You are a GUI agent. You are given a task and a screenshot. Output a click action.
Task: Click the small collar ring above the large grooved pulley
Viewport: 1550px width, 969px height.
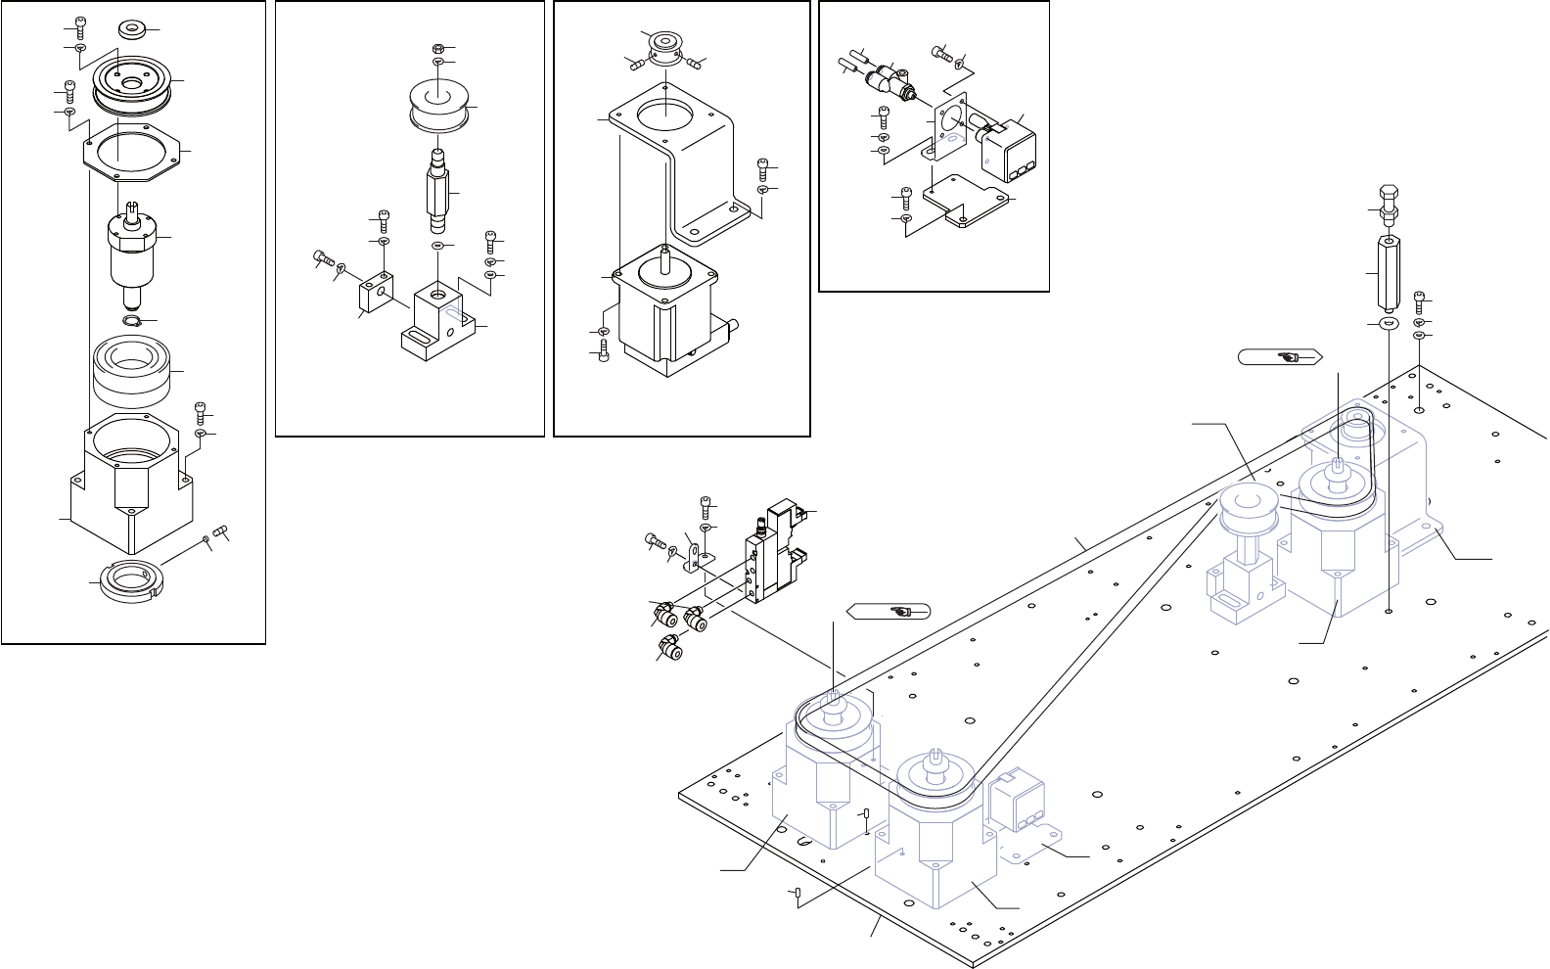(131, 28)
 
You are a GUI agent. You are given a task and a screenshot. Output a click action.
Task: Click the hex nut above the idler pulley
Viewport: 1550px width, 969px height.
(437, 48)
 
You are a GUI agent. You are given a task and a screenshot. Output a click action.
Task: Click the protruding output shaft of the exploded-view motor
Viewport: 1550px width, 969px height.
(665, 257)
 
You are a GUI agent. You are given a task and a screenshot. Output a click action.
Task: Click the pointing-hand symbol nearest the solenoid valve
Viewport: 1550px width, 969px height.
(894, 612)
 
